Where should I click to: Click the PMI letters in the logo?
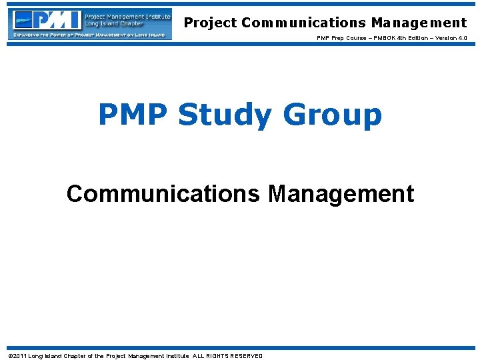[x=57, y=20]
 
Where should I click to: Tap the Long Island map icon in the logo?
[x=24, y=20]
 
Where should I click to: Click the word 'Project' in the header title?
[x=210, y=23]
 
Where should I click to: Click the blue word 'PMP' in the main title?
[x=133, y=115]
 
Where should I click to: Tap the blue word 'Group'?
[x=333, y=115]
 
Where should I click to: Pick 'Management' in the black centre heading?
[x=341, y=194]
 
